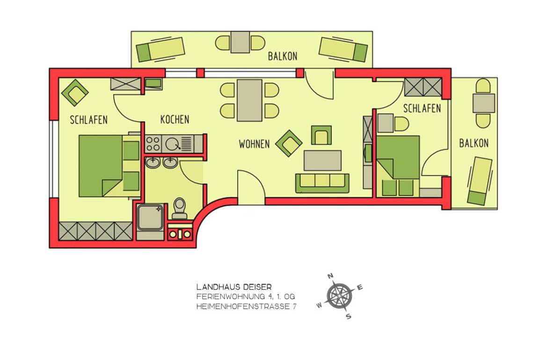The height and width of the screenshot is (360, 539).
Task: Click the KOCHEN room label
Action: [x=175, y=119]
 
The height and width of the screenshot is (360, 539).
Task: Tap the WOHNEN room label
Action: [x=254, y=144]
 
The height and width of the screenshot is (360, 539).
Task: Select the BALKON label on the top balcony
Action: [x=282, y=57]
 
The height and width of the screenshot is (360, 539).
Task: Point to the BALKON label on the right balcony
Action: [x=473, y=143]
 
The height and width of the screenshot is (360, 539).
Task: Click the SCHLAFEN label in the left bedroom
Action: [x=88, y=120]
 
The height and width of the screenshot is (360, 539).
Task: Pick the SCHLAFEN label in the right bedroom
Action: [x=422, y=108]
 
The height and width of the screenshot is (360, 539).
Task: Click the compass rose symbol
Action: [x=340, y=295]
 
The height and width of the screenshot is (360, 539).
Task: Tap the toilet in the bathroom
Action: [x=179, y=209]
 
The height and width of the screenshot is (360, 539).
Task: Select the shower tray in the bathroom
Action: [x=150, y=218]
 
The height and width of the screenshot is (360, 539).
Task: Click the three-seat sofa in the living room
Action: [x=322, y=182]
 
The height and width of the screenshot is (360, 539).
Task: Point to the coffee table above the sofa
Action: [x=322, y=160]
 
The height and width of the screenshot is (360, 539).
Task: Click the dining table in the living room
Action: [x=249, y=100]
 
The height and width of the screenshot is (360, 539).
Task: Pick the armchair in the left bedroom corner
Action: [x=75, y=92]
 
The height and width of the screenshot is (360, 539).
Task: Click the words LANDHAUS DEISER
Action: [x=227, y=287]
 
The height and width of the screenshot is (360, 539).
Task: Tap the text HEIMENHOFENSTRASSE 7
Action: [x=246, y=307]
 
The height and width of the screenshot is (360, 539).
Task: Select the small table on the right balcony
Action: [x=483, y=103]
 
